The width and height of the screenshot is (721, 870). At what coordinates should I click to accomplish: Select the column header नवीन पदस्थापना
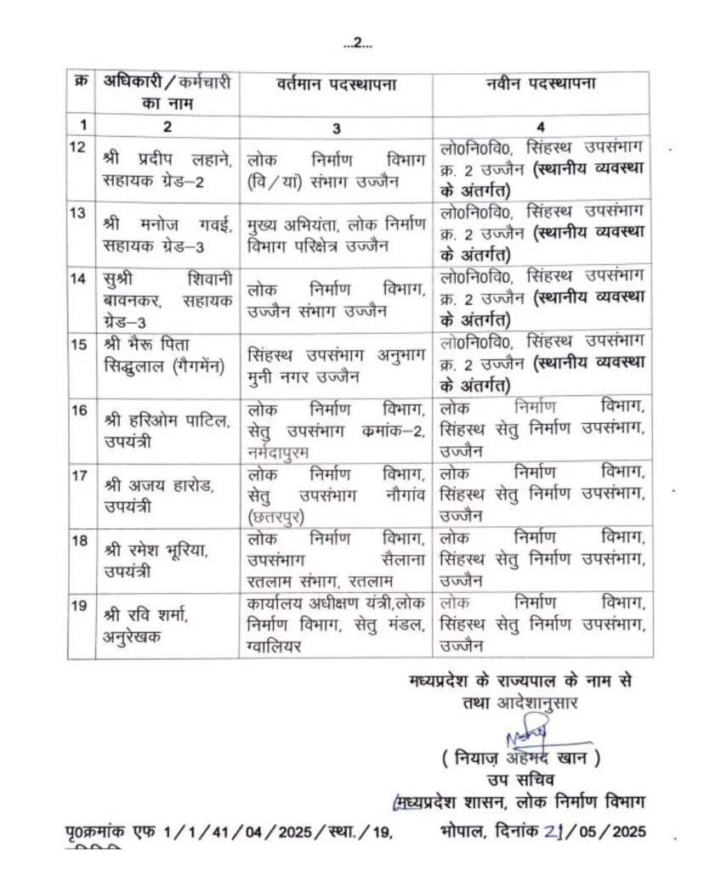(x=540, y=86)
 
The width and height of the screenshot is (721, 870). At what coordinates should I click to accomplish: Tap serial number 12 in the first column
(x=78, y=145)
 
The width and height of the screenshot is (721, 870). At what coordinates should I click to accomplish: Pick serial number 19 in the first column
(x=78, y=604)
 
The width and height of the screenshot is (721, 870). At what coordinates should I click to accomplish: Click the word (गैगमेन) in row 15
(x=191, y=366)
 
